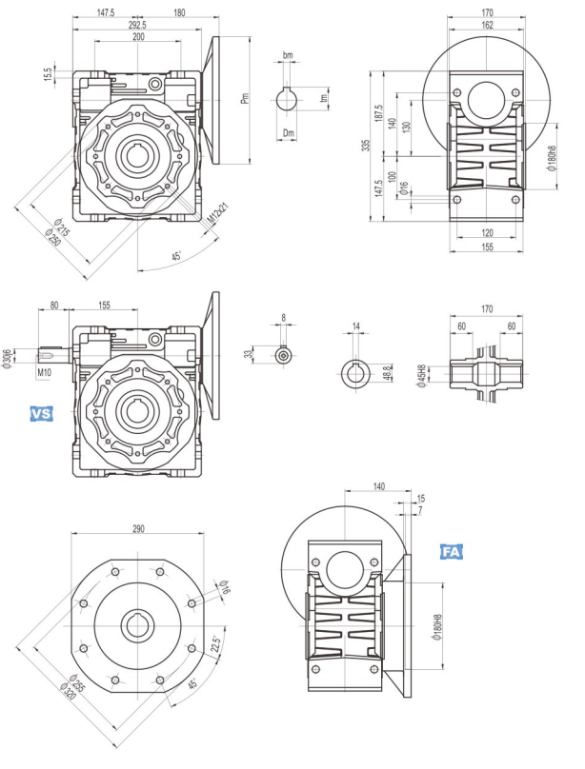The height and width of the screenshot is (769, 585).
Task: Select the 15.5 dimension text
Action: pyautogui.click(x=49, y=73)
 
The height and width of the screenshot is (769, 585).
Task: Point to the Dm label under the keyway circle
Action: pyautogui.click(x=290, y=134)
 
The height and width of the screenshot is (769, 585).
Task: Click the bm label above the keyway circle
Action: pyautogui.click(x=289, y=55)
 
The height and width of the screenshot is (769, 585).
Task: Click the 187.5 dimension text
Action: pyautogui.click(x=379, y=114)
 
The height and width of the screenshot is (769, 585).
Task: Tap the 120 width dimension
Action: pyautogui.click(x=486, y=232)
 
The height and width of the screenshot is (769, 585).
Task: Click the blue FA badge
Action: pyautogui.click(x=452, y=552)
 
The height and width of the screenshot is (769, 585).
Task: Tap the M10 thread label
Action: pyautogui.click(x=44, y=373)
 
